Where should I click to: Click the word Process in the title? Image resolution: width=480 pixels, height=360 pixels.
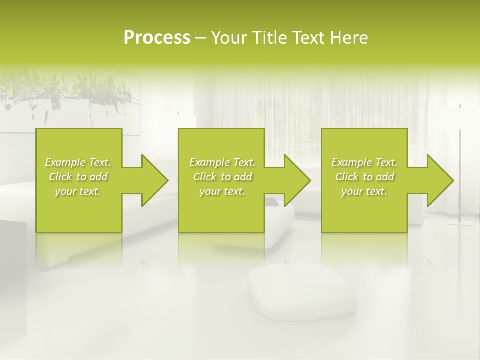pos(157,38)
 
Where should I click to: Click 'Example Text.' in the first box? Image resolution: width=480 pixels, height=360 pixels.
pos(78,162)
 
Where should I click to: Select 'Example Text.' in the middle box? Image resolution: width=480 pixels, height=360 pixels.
pos(222,162)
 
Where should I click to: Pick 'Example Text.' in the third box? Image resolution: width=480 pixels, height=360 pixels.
pos(364,162)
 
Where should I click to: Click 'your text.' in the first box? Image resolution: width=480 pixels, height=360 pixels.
pos(78,191)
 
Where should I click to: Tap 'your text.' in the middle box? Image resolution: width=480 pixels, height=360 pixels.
pos(222,191)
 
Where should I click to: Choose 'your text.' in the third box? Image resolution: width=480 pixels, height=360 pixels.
pos(364,191)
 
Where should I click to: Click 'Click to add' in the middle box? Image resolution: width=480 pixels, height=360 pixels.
pos(222,177)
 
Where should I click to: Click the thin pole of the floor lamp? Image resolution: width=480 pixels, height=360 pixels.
pos(460,165)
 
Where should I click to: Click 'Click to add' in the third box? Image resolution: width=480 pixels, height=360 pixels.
pos(364,177)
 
